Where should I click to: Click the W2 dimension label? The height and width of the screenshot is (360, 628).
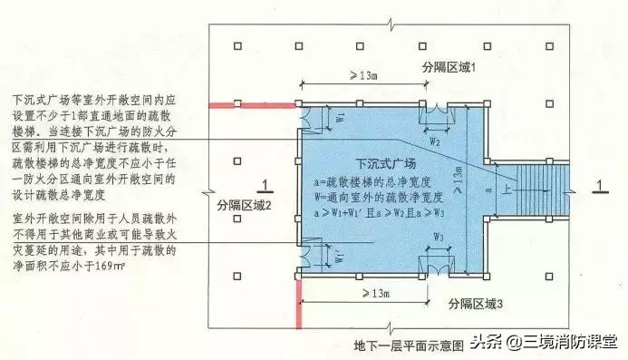click(x=434, y=141)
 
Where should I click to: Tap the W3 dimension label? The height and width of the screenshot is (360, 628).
click(x=438, y=238)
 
